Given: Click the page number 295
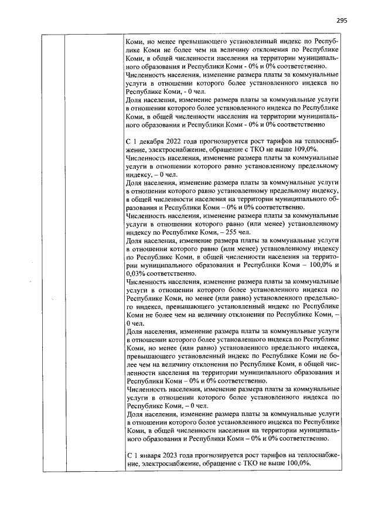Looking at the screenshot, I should pyautogui.click(x=342, y=20).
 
